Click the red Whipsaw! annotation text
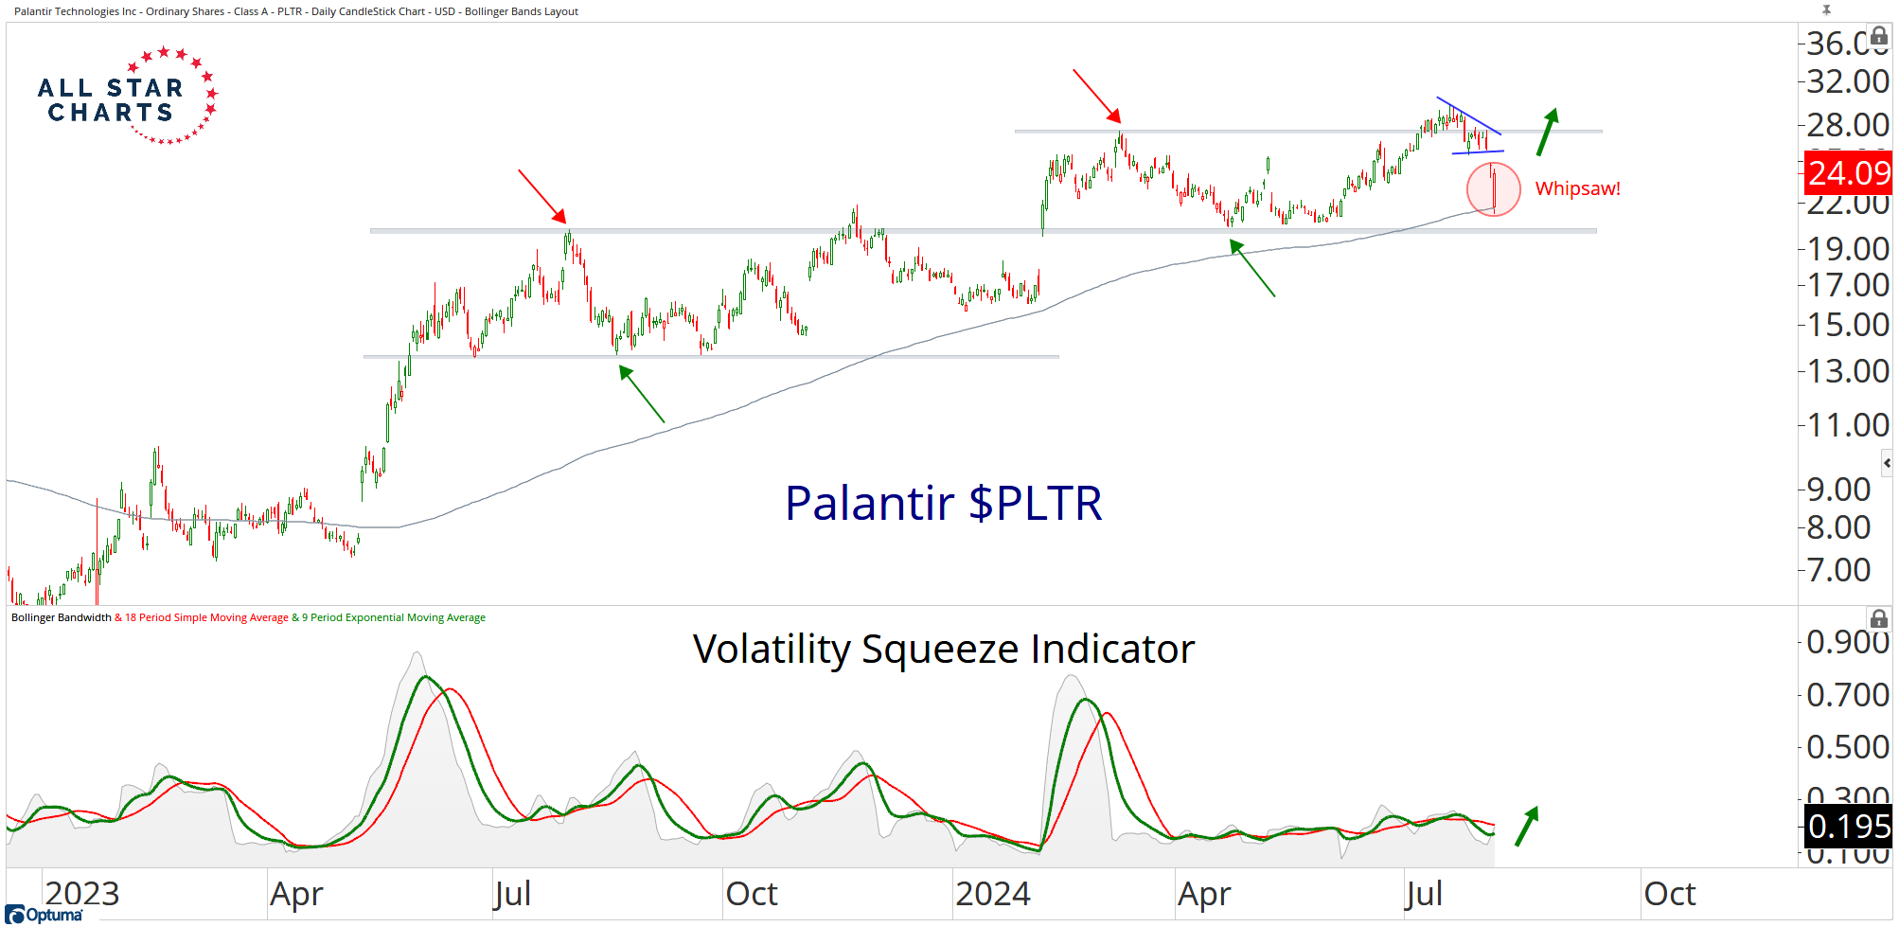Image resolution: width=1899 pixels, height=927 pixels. click(x=1577, y=188)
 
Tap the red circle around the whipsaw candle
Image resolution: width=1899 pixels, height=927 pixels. click(x=1493, y=189)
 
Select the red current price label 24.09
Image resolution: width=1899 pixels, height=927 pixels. click(x=1849, y=173)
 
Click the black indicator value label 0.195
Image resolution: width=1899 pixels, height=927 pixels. click(x=1849, y=827)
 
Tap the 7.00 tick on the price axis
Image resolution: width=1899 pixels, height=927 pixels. click(x=1838, y=570)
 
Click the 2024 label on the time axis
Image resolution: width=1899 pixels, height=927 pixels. click(x=992, y=894)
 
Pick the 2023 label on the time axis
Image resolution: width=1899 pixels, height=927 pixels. click(x=82, y=894)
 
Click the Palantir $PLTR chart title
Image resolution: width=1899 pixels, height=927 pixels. click(x=943, y=503)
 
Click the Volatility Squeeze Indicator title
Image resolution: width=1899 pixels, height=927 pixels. click(x=943, y=650)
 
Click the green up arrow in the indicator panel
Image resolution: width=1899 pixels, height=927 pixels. click(x=1527, y=826)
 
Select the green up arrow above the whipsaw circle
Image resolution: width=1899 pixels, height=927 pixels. click(x=1547, y=132)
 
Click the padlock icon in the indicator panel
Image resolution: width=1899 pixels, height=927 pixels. click(x=1879, y=619)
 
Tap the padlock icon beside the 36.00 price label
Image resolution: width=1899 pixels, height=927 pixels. click(x=1879, y=36)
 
